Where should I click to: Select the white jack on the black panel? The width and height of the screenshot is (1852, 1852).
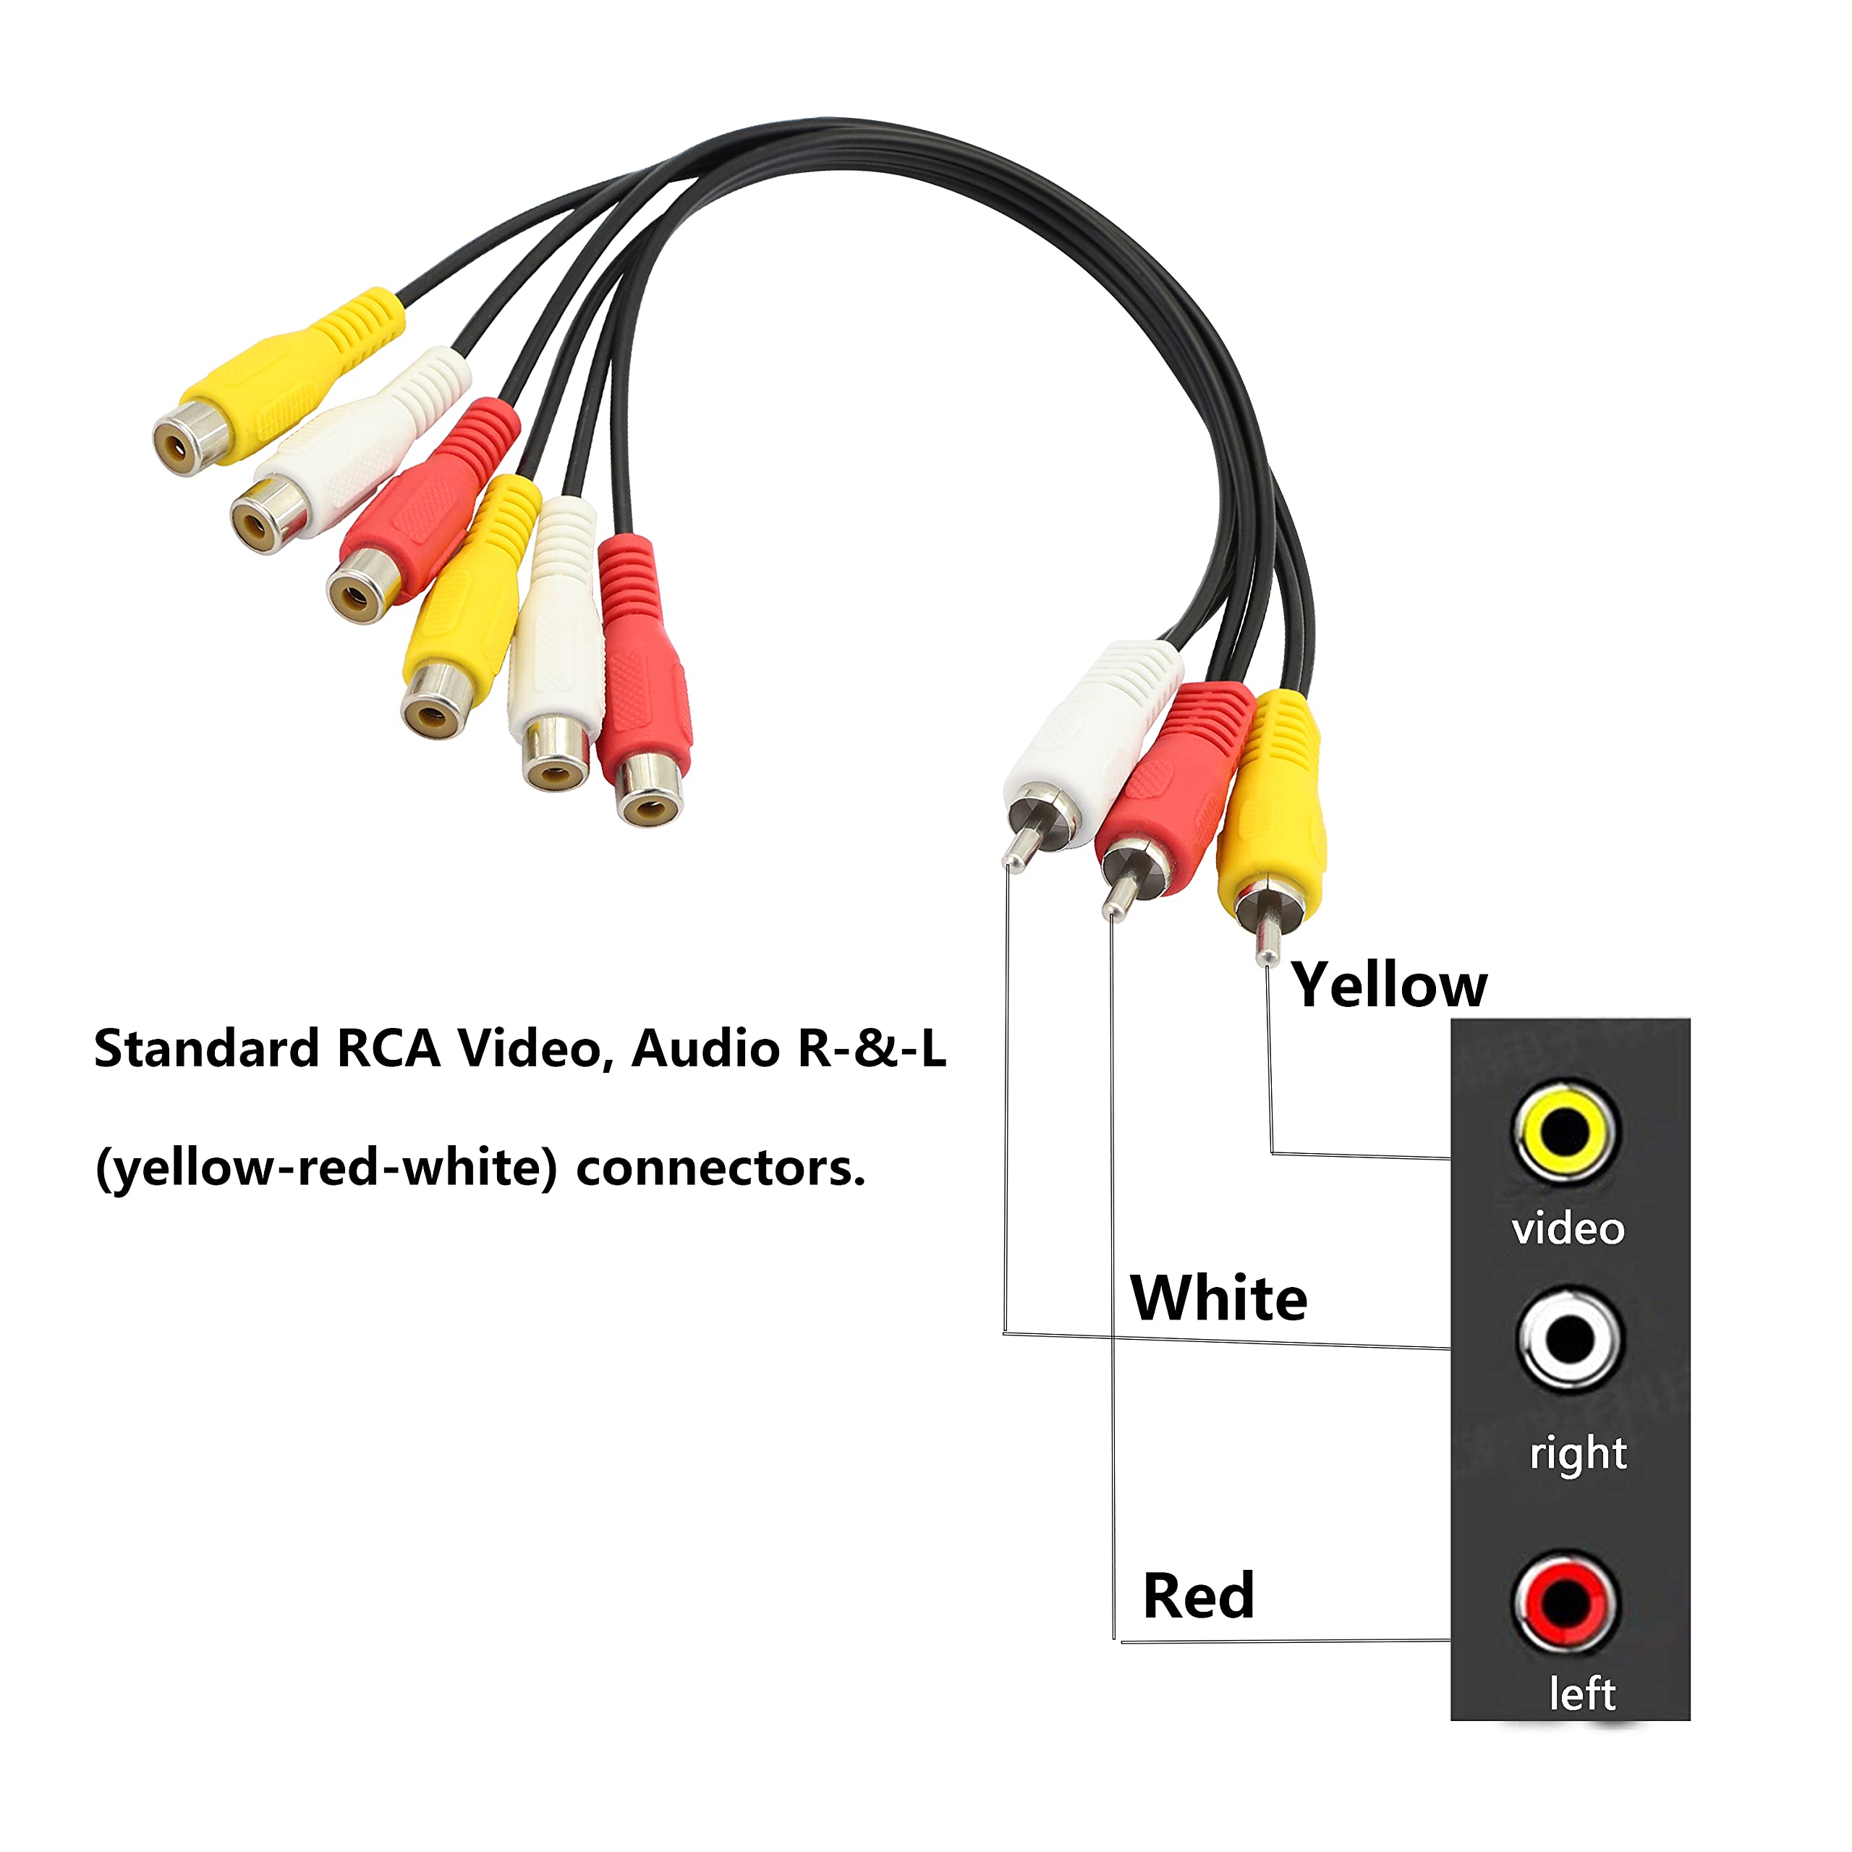(x=1569, y=1340)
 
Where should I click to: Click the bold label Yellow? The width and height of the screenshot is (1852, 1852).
(x=1389, y=985)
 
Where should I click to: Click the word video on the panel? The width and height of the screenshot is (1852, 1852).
(x=1568, y=1229)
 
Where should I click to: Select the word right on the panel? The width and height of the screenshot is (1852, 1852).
(x=1578, y=1455)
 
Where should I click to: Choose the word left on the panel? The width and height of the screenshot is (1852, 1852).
(x=1581, y=1694)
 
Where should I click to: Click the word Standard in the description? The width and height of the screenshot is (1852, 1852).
(x=206, y=1049)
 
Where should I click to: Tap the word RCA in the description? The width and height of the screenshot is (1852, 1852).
(x=388, y=1049)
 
